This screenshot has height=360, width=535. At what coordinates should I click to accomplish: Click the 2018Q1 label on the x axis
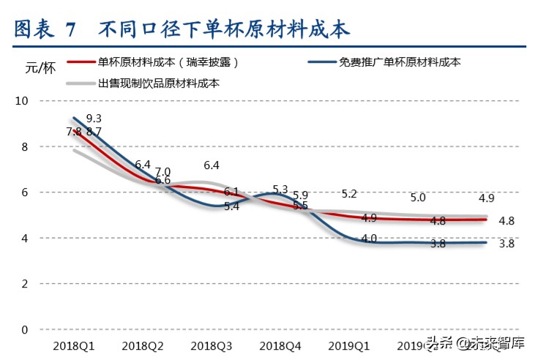72,345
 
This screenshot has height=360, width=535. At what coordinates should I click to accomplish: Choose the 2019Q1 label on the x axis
348,345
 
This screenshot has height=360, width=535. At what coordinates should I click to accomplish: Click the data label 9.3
94,118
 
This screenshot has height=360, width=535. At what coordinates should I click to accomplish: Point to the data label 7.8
74,132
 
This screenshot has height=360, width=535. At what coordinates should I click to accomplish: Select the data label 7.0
162,171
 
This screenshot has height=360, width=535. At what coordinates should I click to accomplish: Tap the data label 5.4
231,207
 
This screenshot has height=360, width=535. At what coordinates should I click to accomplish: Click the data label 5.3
280,190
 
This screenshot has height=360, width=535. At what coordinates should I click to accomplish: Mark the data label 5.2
349,194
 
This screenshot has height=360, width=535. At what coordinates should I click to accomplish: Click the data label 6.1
231,192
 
